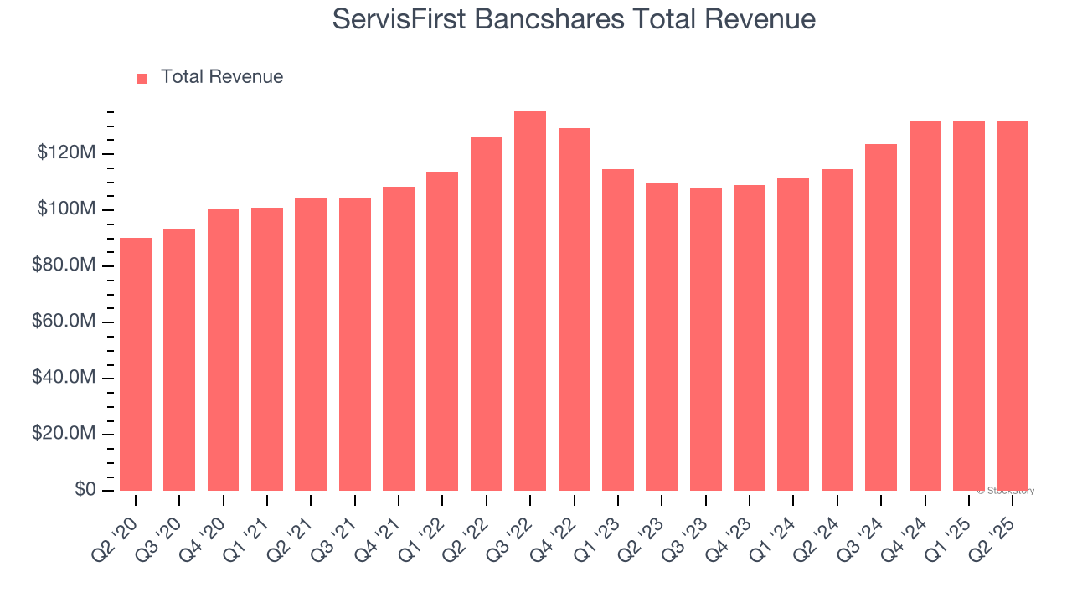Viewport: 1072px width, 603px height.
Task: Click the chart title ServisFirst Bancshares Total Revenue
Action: [574, 18]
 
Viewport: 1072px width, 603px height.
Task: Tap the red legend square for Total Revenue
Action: [142, 78]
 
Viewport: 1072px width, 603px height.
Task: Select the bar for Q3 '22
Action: [530, 301]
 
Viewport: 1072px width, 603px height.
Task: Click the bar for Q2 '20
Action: [136, 364]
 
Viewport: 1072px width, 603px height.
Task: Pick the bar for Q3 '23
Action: [706, 339]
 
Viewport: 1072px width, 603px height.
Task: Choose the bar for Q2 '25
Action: [1013, 306]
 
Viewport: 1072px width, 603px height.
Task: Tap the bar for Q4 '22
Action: [574, 309]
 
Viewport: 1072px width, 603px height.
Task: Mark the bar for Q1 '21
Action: [267, 348]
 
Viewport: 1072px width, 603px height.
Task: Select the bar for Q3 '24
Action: [881, 317]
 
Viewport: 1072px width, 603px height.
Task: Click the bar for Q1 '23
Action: [618, 330]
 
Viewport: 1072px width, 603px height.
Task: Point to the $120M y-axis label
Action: [66, 153]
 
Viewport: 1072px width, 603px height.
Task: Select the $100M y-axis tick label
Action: [66, 209]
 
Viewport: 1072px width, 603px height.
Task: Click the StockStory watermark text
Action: [1006, 491]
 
